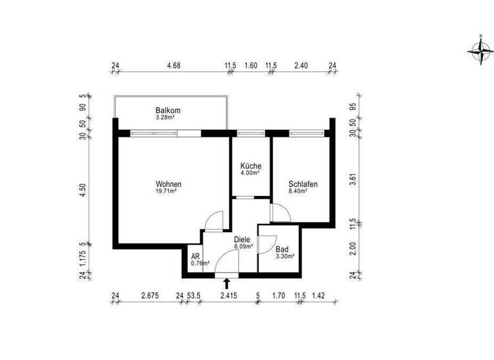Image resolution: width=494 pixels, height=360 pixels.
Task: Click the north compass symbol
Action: pos(479,50)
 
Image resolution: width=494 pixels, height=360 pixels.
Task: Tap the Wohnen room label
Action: pos(169,184)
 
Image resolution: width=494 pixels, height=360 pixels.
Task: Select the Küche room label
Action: pos(250,165)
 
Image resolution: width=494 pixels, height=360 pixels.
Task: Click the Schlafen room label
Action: pos(302,184)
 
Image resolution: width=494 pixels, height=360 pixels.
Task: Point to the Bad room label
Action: pos(282,249)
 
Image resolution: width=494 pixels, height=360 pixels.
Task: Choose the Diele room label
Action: pos(242,239)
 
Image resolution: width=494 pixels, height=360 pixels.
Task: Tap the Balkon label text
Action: pos(168,111)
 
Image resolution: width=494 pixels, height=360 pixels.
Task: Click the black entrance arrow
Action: pos(226,283)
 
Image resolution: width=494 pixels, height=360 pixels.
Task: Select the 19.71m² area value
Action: pos(169,192)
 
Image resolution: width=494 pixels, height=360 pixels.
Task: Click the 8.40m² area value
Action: pos(302,192)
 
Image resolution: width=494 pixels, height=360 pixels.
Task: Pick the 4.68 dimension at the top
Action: pos(173,65)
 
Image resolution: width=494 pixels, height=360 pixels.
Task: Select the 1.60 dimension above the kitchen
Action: pos(251,65)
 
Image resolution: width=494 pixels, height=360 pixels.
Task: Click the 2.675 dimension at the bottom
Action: pos(150,296)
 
